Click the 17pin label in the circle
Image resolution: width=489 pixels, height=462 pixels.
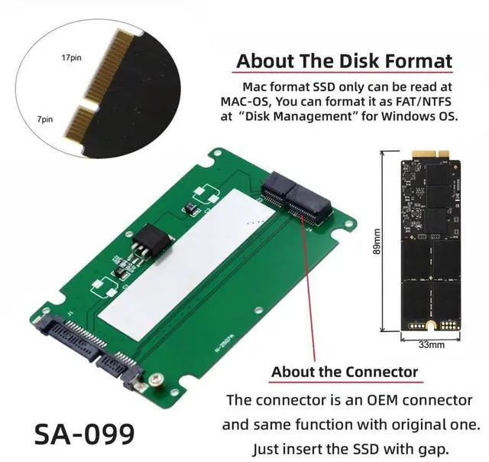coord(71,58)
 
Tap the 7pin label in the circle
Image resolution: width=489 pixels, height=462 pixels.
coord(46,119)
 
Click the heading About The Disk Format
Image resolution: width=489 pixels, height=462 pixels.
coord(344,60)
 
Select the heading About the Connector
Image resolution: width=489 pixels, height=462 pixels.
coord(345,373)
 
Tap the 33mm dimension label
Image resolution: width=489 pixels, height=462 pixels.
coord(431,345)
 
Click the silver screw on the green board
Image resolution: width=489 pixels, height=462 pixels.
coord(157,378)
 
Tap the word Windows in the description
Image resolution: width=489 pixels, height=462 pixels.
coord(398,117)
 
